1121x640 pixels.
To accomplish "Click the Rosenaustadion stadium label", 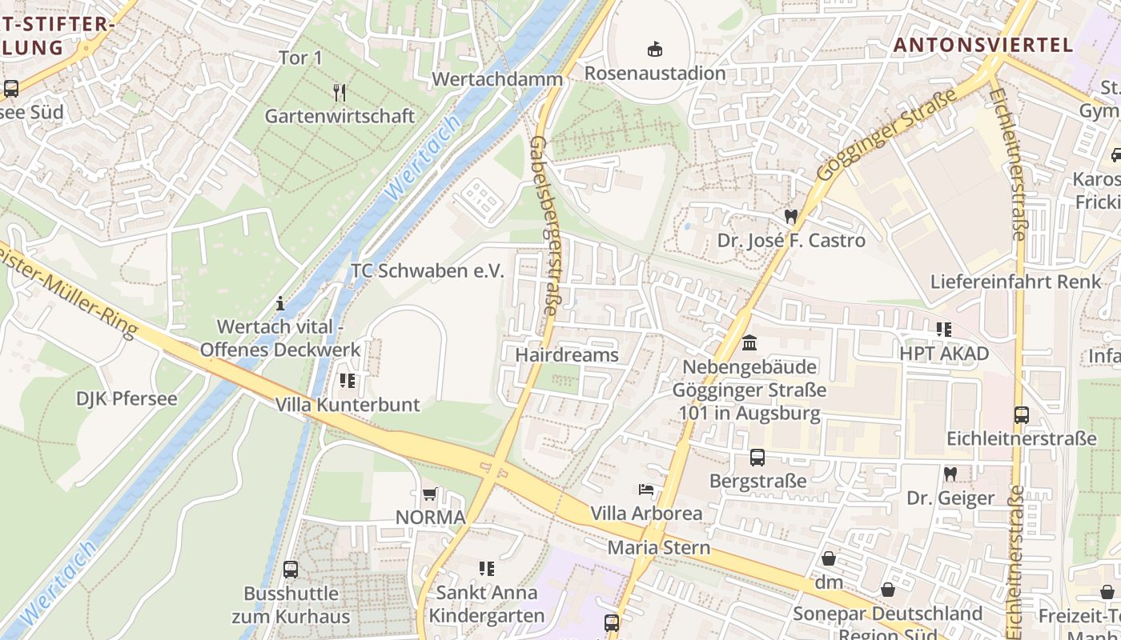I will point(655,73).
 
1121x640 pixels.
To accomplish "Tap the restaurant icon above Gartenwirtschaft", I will point(340,93).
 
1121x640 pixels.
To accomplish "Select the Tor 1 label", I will point(299,58).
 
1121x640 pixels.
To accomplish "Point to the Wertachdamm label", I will point(498,79).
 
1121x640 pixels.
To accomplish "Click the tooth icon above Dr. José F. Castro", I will point(791,216).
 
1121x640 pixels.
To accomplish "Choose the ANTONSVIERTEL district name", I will point(982,45).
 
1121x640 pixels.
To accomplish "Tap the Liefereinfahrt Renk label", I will point(1015,282).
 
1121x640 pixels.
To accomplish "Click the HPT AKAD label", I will point(944,354).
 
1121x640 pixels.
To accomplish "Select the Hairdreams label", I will point(567,354).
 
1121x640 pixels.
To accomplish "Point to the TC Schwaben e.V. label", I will point(428,270).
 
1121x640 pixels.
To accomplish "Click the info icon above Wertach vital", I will point(280,303).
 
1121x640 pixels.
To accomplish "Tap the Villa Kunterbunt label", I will point(348,404).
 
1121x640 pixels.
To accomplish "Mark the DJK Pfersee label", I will point(127,398).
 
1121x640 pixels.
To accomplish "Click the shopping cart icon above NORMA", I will point(430,494).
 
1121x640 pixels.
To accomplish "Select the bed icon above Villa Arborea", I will point(646,489).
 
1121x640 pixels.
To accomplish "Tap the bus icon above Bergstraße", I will point(757,458).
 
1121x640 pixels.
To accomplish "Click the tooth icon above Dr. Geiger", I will point(950,474).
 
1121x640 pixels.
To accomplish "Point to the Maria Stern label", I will point(658,548).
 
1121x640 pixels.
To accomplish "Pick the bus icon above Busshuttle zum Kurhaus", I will point(291,570).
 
